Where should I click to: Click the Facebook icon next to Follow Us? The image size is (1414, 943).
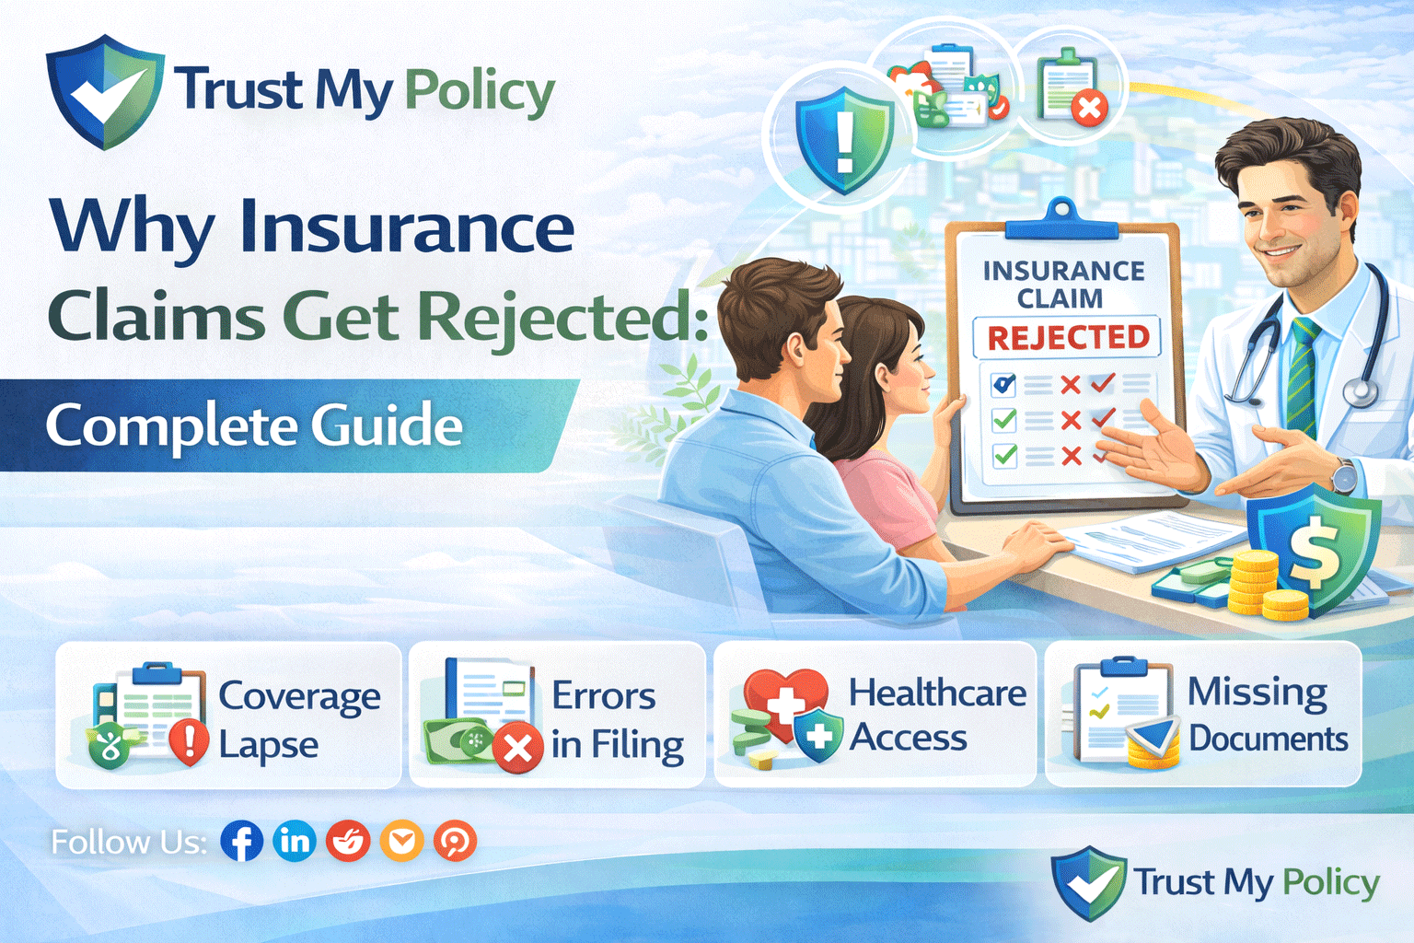pos(241,841)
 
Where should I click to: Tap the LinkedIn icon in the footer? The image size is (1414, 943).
pos(295,841)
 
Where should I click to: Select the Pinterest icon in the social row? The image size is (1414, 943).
pos(455,841)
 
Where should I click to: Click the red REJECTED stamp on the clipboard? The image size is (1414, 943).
pos(1067,337)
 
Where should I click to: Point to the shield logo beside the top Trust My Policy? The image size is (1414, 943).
pos(104,92)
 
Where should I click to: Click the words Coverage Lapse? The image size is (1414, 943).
pos(298,719)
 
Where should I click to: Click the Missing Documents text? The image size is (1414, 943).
pos(1267,715)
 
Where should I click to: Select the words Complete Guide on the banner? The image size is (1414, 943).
pos(254,425)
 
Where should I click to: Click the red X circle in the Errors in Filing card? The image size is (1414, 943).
pos(517,748)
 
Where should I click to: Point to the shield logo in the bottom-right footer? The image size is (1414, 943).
pos(1088,882)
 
